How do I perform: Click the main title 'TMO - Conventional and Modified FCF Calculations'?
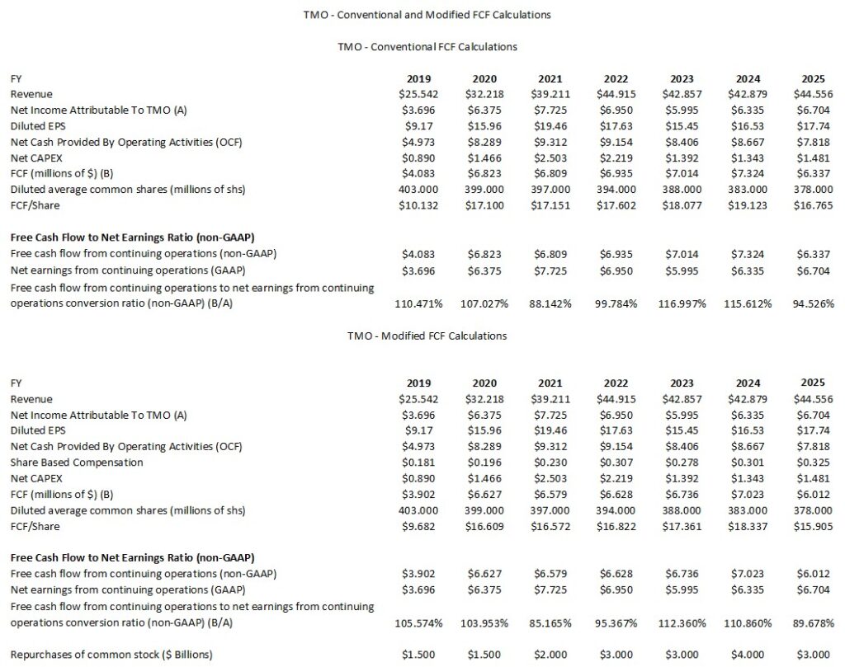[x=422, y=15]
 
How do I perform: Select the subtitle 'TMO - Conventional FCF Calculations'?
[x=422, y=47]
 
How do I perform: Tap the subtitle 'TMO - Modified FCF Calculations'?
[x=422, y=336]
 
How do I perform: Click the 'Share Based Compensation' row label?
[x=65, y=463]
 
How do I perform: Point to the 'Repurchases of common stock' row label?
[x=111, y=655]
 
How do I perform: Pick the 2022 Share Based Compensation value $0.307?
[x=616, y=463]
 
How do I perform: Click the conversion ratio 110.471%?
[x=420, y=303]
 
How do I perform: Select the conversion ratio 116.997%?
[x=684, y=303]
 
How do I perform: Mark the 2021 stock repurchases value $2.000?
[x=550, y=655]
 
